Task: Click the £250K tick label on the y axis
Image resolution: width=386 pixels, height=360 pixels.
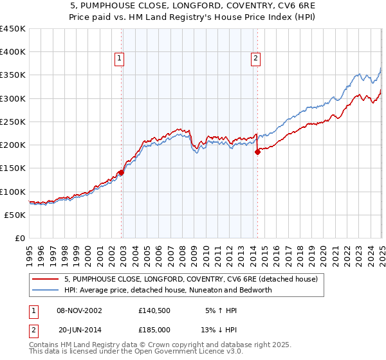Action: pos(12,122)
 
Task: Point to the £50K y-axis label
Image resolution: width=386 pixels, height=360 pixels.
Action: pos(14,215)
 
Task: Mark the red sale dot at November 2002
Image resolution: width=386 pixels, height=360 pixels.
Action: pos(121,172)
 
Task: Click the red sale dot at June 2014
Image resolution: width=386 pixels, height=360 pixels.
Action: pos(257,152)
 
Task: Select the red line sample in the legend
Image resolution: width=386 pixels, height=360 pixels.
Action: pos(45,280)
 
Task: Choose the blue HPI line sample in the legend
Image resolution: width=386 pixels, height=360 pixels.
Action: pos(45,290)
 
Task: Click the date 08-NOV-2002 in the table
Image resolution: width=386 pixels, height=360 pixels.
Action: pos(79,310)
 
